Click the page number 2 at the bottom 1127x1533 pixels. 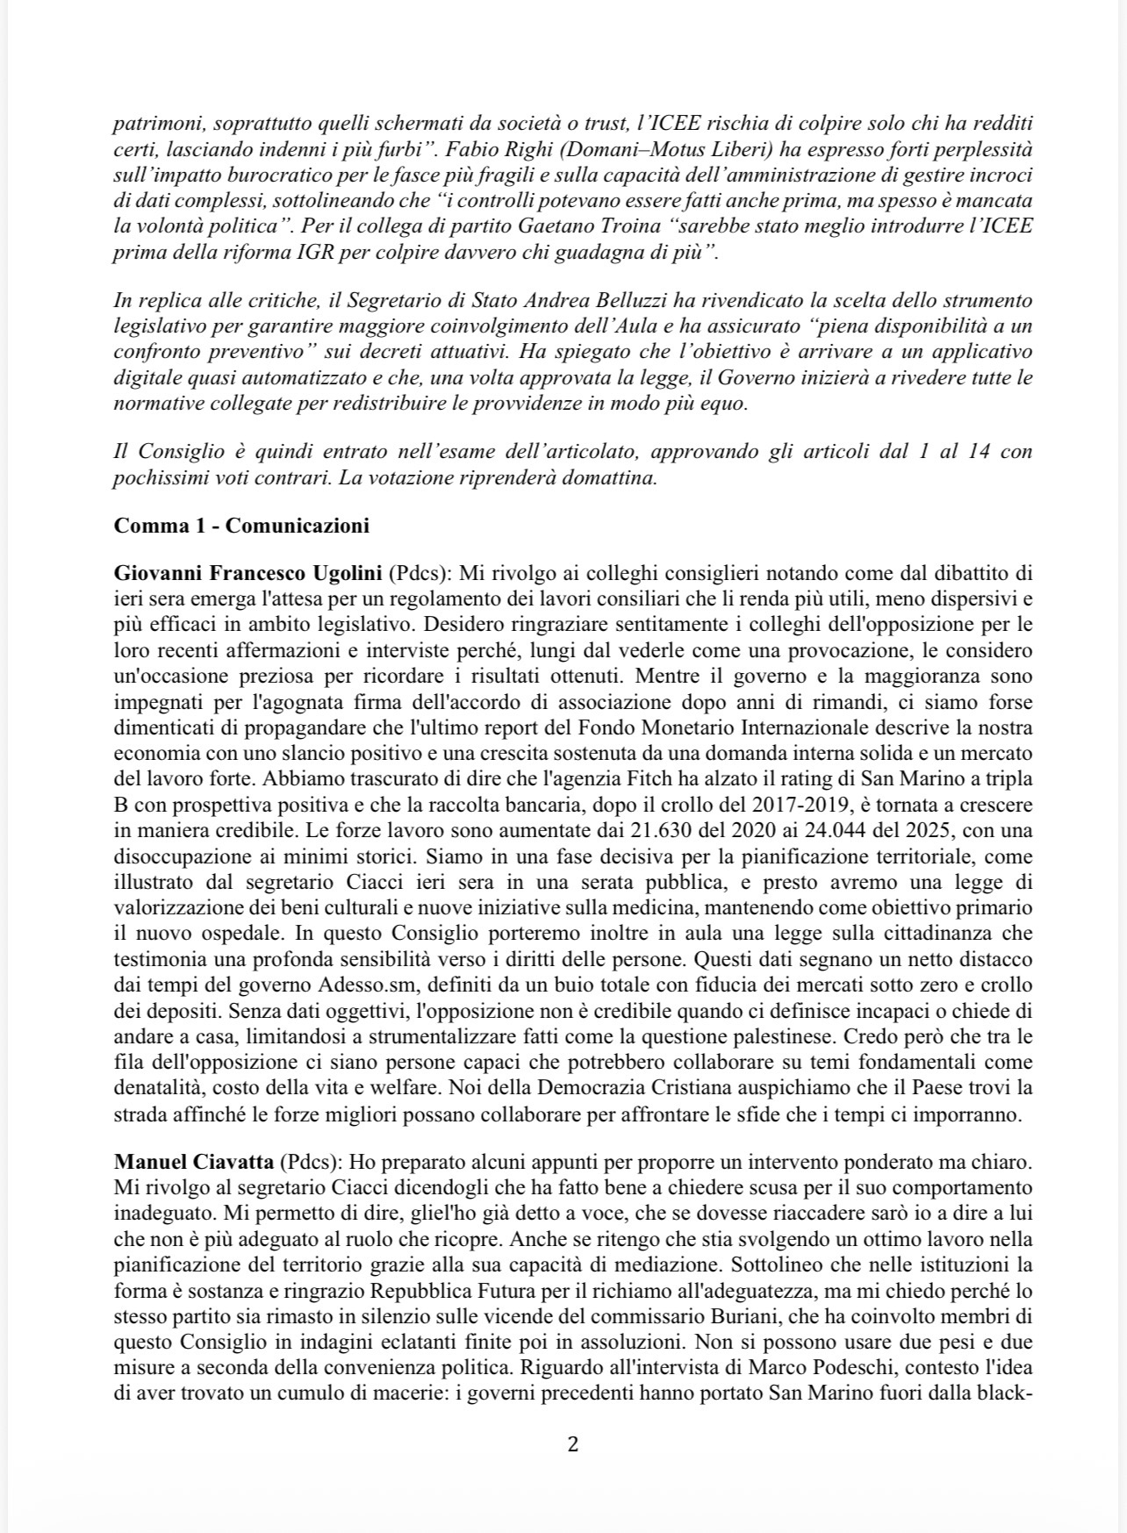point(573,1444)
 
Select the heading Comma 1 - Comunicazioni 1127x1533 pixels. point(241,526)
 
